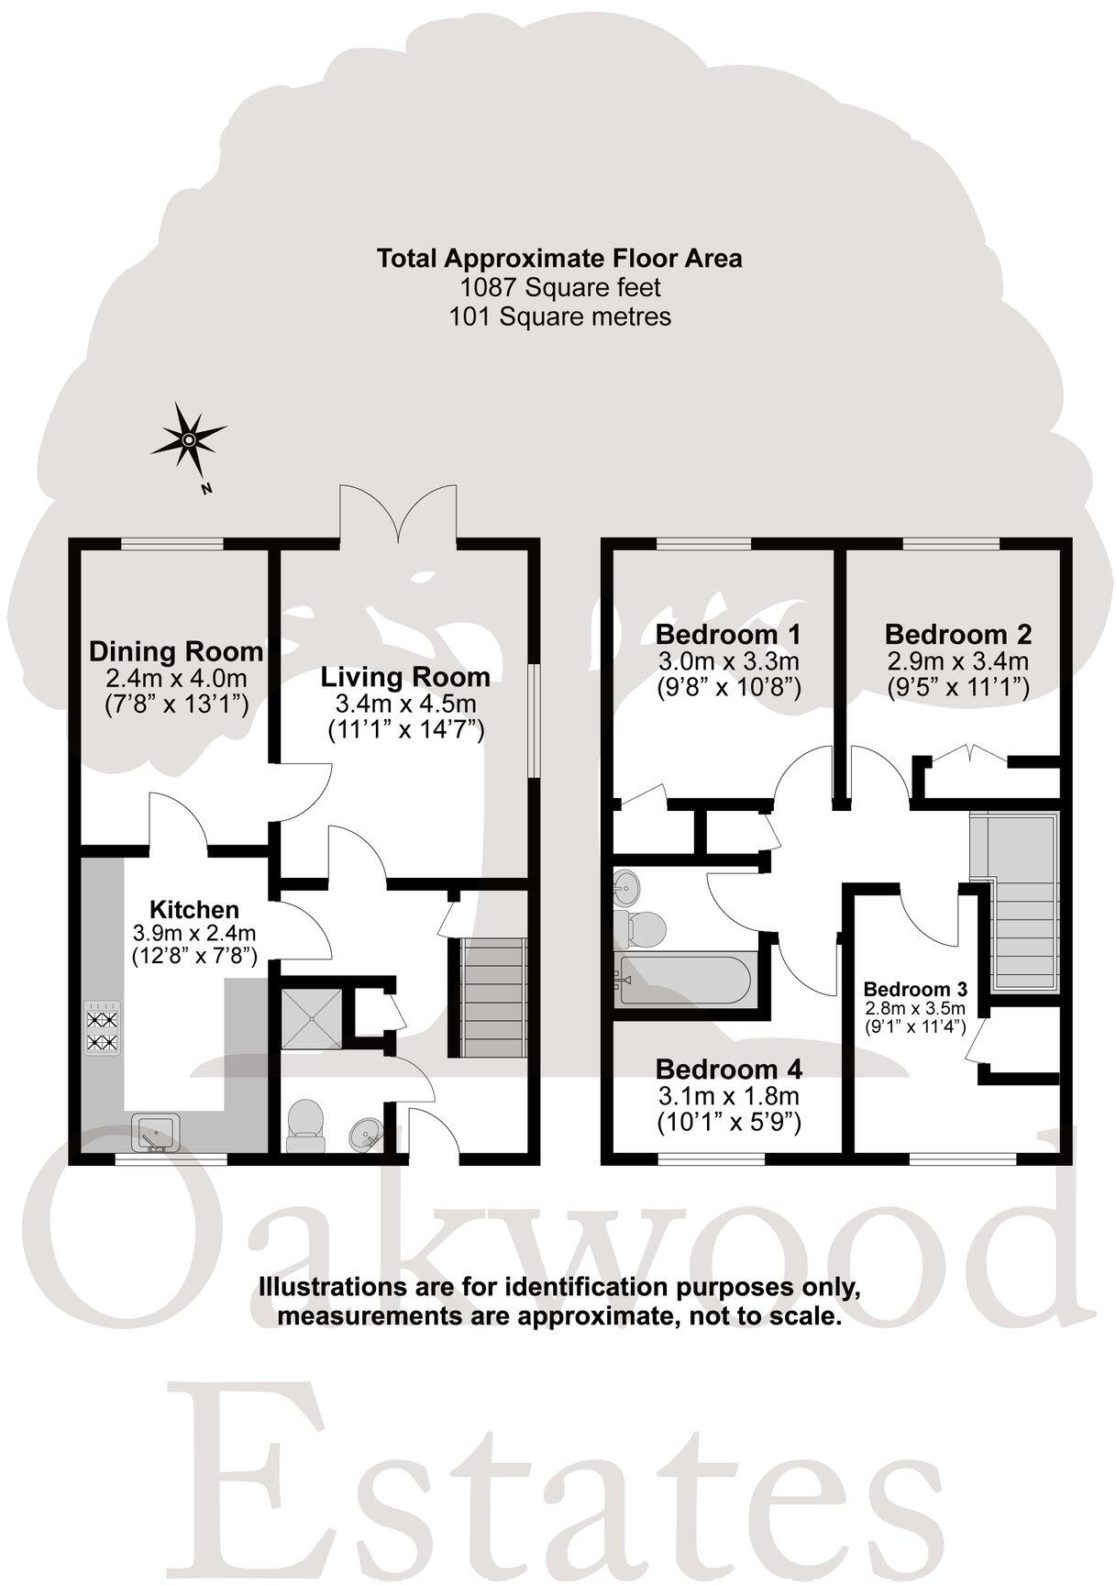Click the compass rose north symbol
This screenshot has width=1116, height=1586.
[x=188, y=441]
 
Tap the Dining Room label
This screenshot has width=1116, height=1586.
[x=176, y=652]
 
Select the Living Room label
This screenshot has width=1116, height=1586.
[x=405, y=677]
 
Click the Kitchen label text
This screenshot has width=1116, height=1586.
[x=194, y=910]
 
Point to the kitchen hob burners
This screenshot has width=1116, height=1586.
[x=102, y=1029]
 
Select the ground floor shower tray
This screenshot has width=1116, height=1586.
[x=311, y=1018]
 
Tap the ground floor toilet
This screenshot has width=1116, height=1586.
[x=305, y=1126]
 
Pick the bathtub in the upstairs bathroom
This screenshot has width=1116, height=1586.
[x=685, y=981]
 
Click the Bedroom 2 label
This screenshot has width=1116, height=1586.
[x=958, y=634]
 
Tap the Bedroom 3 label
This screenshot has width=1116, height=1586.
[x=915, y=990]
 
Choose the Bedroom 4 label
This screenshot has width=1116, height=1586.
[x=729, y=1069]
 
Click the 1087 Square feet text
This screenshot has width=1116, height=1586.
[x=559, y=287]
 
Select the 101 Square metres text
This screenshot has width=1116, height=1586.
[x=559, y=316]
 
